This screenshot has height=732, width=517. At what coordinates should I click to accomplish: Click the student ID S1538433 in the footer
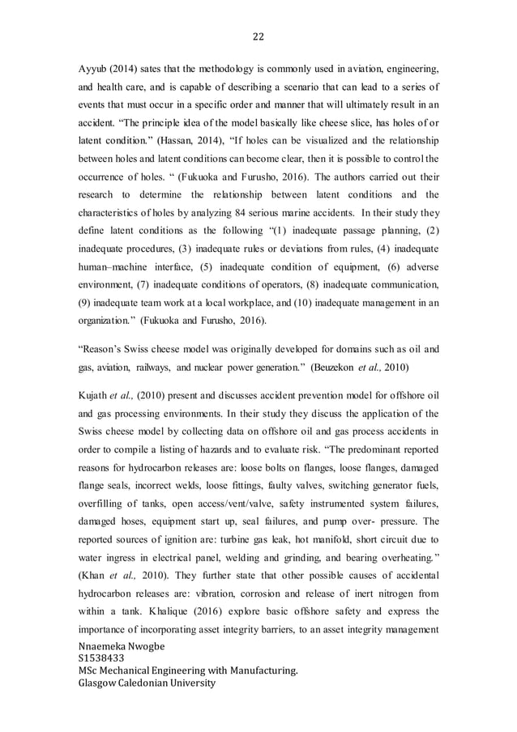(102, 659)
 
